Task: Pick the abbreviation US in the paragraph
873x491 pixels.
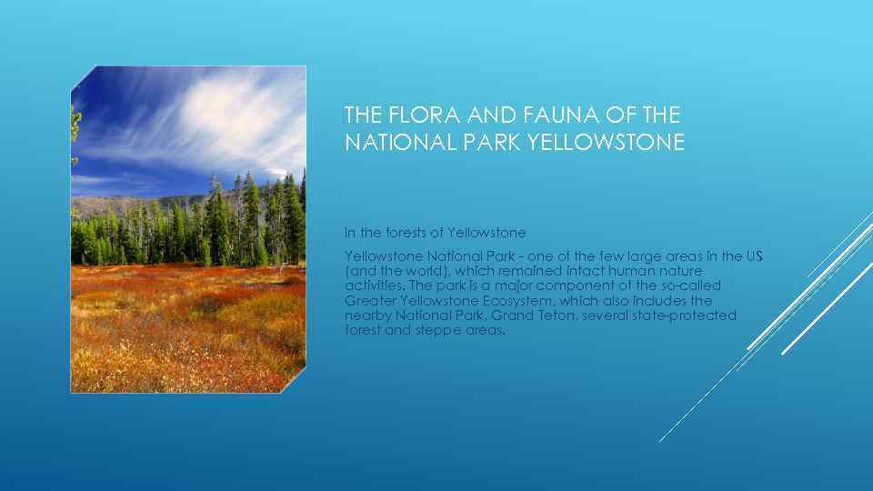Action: pos(754,256)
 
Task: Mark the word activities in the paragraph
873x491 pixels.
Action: pos(372,286)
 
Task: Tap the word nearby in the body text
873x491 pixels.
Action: pos(367,316)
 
